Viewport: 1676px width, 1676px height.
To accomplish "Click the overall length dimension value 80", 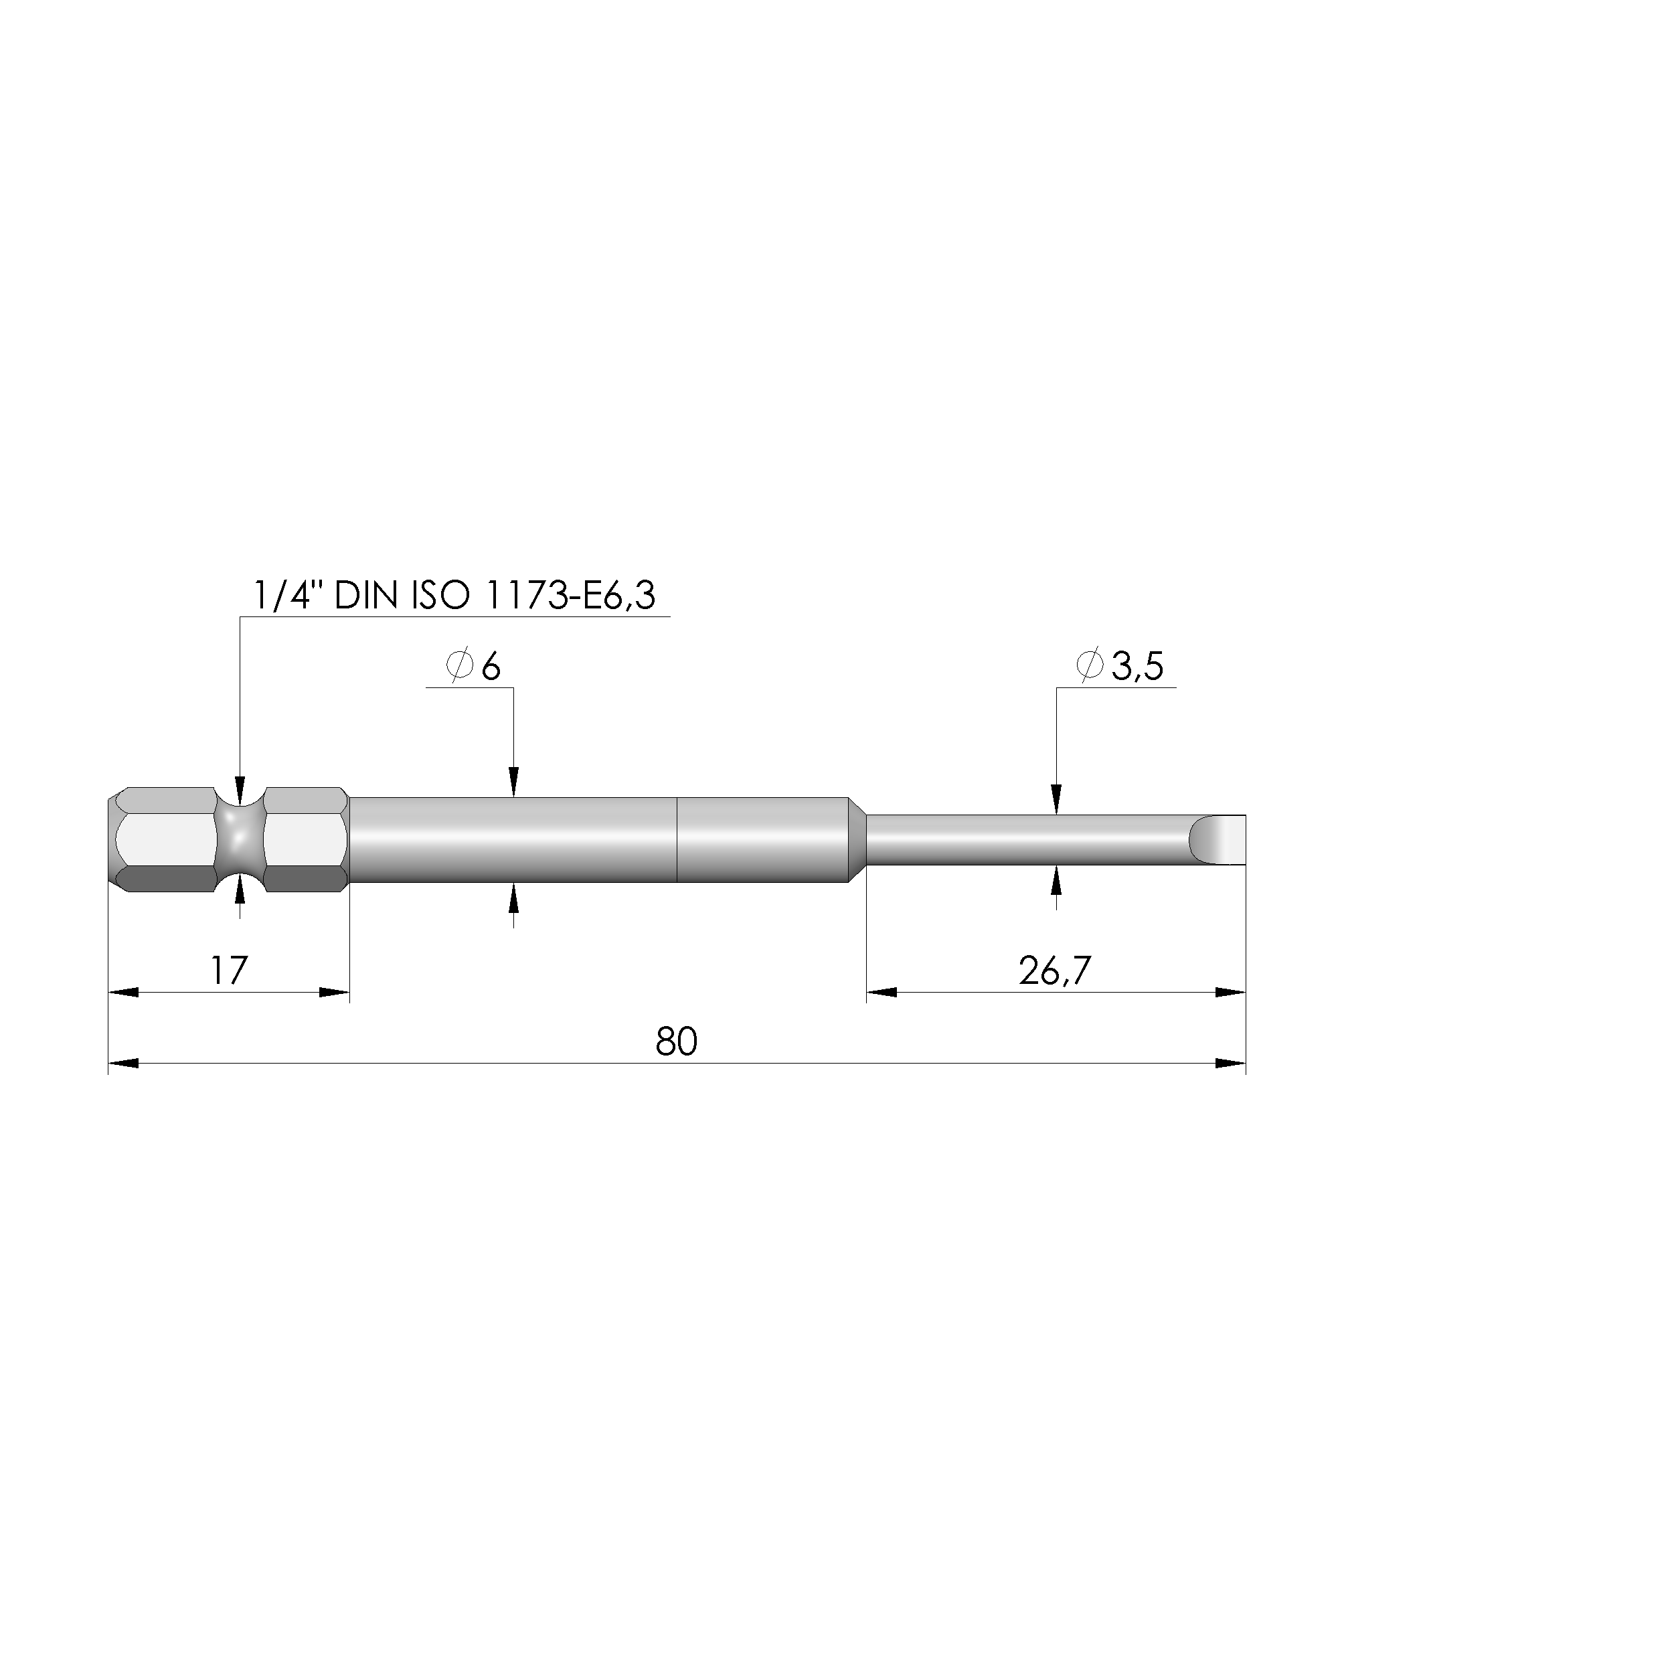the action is point(676,1042).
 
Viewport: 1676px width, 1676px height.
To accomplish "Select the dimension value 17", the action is point(228,971).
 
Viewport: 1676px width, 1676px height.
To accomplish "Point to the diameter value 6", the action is point(491,667).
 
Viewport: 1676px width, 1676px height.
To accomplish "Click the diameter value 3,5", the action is point(1137,667).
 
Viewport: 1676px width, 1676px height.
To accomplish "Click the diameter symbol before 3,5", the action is point(1090,666).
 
